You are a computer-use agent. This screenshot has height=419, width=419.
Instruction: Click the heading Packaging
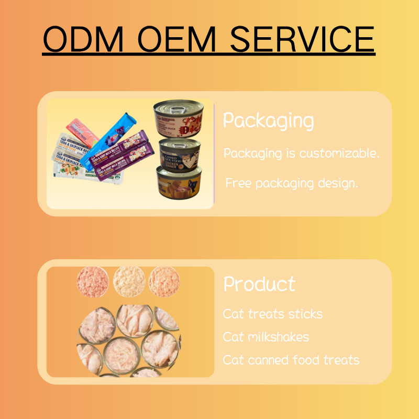pos(268,121)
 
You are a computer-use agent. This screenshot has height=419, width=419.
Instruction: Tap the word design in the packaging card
pos(338,184)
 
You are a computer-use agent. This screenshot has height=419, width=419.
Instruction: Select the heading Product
pos(259,284)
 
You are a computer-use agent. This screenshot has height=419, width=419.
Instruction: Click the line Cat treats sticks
pos(272,314)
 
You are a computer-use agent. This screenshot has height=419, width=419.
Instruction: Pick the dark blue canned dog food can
pos(180,155)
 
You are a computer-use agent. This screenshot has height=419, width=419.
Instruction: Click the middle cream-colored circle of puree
pos(128,281)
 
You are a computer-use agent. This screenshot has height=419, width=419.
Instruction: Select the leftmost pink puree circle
pos(93,282)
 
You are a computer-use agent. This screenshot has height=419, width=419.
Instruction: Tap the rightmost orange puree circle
pos(164,282)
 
